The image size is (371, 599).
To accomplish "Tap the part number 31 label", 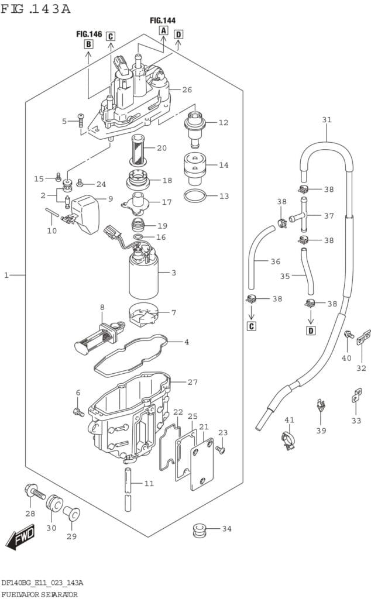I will pyautogui.click(x=326, y=120).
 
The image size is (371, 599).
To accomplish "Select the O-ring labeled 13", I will pyautogui.click(x=195, y=195).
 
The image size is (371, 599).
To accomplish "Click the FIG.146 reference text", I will pyautogui.click(x=90, y=35).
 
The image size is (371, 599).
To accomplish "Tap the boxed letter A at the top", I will pyautogui.click(x=163, y=30).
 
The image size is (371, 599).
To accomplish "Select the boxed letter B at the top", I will pyautogui.click(x=88, y=44).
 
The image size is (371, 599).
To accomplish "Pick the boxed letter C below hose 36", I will pyautogui.click(x=251, y=326).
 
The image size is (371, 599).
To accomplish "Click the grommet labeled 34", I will pyautogui.click(x=200, y=531).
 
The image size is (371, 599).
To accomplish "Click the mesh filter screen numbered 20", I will pyautogui.click(x=140, y=148).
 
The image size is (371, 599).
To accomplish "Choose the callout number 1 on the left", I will pyautogui.click(x=7, y=274).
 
